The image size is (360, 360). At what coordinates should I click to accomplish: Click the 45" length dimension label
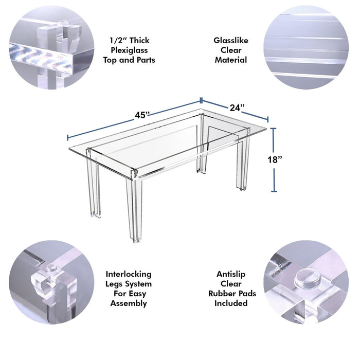click(142, 115)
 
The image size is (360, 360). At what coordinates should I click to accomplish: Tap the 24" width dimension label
click(237, 107)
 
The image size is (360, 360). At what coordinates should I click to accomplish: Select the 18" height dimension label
click(275, 159)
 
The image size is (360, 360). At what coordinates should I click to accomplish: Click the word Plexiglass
click(129, 50)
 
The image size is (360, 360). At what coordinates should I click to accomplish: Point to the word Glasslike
click(231, 41)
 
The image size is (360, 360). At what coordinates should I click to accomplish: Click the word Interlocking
click(129, 274)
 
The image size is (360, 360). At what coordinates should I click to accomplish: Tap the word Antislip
click(231, 274)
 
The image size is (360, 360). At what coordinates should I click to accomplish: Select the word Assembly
click(129, 303)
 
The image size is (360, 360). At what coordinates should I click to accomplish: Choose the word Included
click(231, 303)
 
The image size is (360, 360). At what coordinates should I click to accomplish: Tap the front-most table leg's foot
click(136, 241)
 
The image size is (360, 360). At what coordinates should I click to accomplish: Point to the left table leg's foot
click(96, 215)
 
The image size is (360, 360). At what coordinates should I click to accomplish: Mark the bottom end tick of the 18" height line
click(274, 191)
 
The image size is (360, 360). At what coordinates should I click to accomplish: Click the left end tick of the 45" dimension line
click(68, 137)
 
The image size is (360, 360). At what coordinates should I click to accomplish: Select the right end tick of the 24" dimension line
click(268, 119)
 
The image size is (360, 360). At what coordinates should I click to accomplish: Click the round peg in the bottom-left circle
click(52, 268)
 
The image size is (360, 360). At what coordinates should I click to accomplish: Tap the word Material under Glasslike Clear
click(231, 60)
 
